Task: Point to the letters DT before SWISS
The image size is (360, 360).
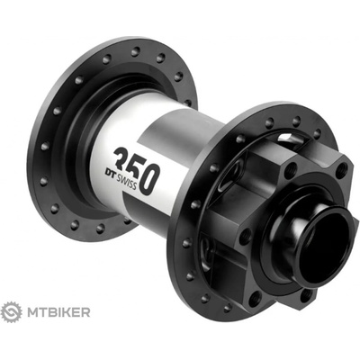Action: coord(110,162)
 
